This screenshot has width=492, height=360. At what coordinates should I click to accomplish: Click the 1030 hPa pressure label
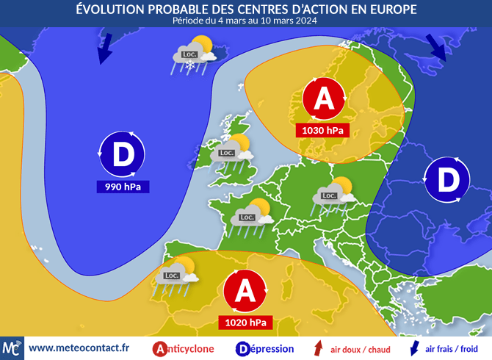coord(322,130)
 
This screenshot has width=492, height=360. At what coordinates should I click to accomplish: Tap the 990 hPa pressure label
coord(123,187)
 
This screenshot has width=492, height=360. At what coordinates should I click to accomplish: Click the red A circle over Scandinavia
coord(323,101)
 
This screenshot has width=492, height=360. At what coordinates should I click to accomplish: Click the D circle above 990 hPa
coord(123,154)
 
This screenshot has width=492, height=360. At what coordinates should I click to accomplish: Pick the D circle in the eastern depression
coord(447,179)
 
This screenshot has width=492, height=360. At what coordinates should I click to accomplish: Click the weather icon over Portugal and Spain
coord(177,273)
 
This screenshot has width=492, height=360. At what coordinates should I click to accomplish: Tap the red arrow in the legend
coord(319,348)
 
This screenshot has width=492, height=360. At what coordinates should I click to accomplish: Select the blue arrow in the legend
coord(413,348)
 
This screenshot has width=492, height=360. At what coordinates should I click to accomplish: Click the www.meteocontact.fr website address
coord(79,348)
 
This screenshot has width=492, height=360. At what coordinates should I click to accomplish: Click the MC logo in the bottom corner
coord(12,348)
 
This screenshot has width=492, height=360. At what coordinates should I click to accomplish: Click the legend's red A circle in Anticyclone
coord(159,349)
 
